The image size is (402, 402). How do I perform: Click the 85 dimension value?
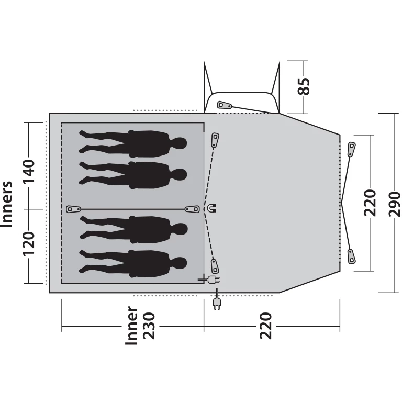304,86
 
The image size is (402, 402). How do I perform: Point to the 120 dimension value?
28,243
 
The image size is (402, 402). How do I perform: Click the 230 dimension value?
149,326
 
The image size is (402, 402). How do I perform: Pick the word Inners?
7,204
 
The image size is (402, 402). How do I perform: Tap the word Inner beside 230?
131,326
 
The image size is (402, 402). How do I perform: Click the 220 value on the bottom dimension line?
265,326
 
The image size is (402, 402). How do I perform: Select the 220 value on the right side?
370,203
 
